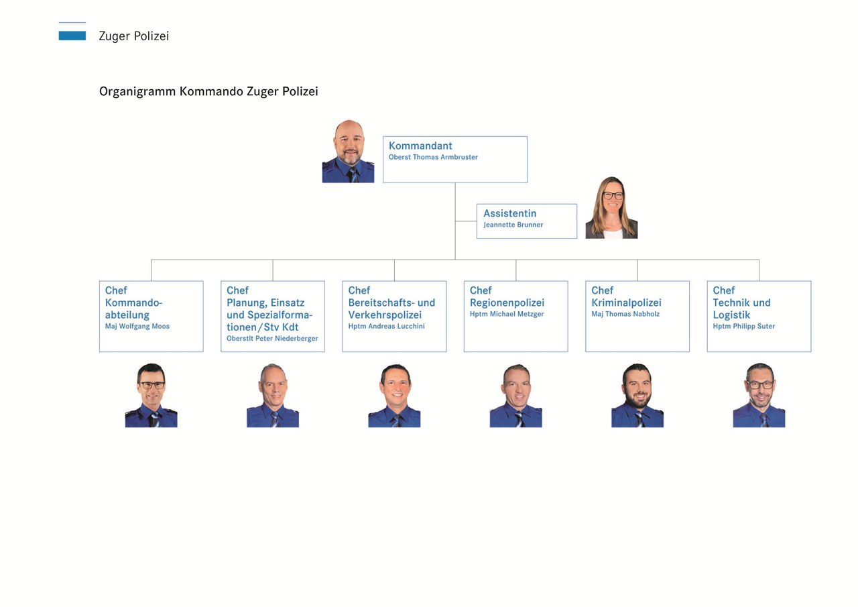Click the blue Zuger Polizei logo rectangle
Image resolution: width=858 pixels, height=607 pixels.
72,36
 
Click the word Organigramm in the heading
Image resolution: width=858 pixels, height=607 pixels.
137,91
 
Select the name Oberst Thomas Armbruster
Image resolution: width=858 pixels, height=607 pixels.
433,158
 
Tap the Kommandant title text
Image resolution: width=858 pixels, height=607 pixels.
420,146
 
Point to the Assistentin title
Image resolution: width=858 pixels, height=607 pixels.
509,213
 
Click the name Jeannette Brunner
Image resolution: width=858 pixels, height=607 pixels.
513,225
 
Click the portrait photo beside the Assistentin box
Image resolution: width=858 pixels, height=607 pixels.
611,207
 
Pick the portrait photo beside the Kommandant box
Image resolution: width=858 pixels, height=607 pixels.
348,152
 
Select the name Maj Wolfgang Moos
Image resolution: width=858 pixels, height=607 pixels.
137,327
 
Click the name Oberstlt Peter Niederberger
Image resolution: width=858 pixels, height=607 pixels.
272,339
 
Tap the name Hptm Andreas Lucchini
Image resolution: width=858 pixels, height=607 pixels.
386,327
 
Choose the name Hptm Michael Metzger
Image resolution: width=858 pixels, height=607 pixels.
507,315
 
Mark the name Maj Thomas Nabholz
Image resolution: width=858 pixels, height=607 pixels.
625,315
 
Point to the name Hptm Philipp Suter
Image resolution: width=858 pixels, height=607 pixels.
744,327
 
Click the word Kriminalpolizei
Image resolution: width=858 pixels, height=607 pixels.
626,302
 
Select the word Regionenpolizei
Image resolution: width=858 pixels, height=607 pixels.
507,302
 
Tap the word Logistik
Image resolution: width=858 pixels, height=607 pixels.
731,315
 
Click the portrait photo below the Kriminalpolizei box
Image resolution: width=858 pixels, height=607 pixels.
637,396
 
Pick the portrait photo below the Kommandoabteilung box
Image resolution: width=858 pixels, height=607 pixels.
151,396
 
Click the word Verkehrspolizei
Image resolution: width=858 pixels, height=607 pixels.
385,315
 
